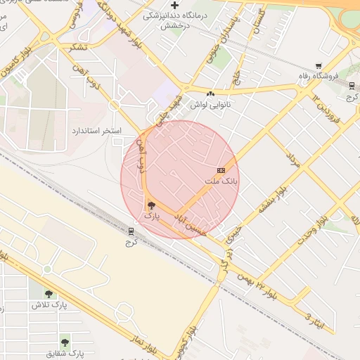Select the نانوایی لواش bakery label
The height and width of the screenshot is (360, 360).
coord(211,104)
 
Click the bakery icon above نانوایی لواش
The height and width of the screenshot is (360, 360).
coord(210,94)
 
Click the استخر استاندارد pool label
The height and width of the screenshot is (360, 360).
coord(97,131)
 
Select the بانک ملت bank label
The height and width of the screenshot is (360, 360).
coord(221,181)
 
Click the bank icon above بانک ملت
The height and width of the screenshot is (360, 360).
coord(221,170)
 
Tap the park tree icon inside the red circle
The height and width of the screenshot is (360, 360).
coord(152,205)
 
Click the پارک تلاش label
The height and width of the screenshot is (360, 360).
coord(48,305)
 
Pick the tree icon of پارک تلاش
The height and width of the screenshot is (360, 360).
coord(48,294)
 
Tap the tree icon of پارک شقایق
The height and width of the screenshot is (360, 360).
coord(65,342)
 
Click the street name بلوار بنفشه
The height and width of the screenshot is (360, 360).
coord(272,200)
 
